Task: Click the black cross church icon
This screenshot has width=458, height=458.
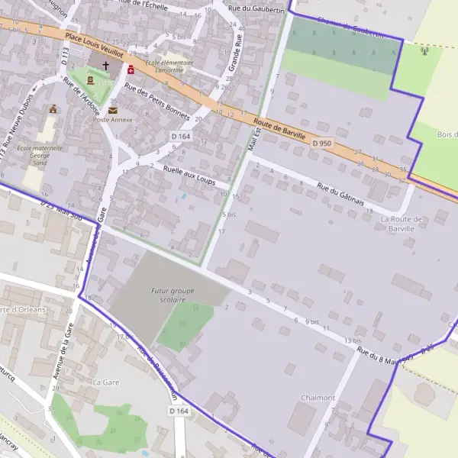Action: pos(105,66)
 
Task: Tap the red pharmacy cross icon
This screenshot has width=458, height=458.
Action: pos(131,69)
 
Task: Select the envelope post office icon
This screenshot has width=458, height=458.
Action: pos(113,110)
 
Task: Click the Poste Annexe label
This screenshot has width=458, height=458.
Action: pos(113,120)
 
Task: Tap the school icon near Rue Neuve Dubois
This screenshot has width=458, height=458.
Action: pos(53,109)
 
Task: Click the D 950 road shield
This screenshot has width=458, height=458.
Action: pos(321,143)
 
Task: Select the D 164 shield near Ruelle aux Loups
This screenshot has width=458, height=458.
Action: pos(180,137)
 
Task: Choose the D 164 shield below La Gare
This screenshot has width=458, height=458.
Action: pos(179,411)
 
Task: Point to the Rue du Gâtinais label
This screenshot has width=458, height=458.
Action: pos(340,189)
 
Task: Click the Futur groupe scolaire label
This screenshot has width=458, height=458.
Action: pos(173,295)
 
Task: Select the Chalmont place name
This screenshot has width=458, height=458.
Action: pos(318,398)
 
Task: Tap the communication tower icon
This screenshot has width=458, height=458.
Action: pos(425,52)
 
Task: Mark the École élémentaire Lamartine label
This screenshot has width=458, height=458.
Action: pos(169,67)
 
